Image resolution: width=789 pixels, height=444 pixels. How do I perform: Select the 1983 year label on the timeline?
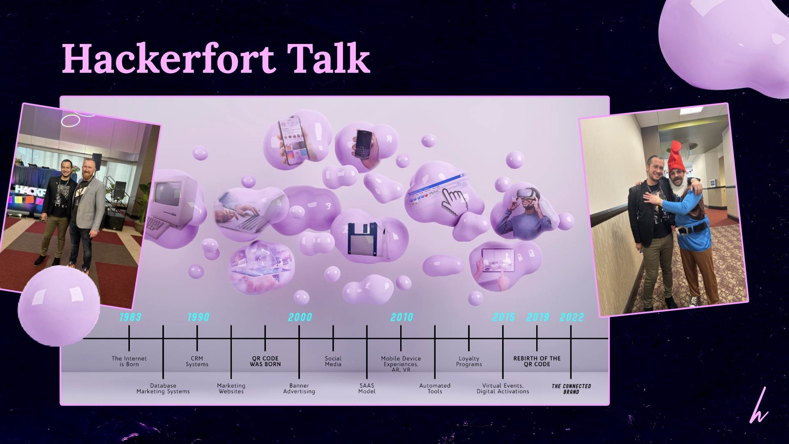[130, 317]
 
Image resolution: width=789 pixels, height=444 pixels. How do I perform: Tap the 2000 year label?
[300, 317]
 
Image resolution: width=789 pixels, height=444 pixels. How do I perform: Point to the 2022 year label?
[572, 317]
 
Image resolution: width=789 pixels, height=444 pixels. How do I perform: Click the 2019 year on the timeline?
[538, 317]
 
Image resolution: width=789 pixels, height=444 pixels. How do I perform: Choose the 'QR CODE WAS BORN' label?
[265, 361]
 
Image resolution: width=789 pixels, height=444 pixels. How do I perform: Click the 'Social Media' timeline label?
[333, 361]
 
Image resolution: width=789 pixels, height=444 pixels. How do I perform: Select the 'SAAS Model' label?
[367, 388]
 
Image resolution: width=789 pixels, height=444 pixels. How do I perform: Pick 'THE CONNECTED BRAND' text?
[571, 389]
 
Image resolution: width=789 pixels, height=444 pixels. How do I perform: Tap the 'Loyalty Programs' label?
[469, 361]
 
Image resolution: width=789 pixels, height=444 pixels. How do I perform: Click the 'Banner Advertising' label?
[299, 388]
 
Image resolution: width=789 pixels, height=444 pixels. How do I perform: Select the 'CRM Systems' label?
[197, 361]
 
